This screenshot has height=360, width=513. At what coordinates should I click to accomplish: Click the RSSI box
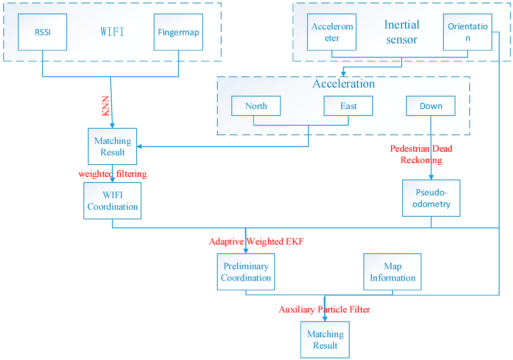point(42,32)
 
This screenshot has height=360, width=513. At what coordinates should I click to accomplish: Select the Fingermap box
point(178,32)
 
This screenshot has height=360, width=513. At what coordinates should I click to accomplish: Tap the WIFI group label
point(112,32)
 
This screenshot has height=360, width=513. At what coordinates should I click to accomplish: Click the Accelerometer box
point(332,32)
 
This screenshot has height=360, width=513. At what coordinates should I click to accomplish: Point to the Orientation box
point(467,32)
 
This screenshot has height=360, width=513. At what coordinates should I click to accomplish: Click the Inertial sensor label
point(401,32)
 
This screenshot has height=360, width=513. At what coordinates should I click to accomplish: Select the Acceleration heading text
point(344,84)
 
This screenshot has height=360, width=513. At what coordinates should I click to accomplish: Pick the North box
point(256,106)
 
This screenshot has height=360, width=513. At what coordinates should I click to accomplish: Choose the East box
point(348,106)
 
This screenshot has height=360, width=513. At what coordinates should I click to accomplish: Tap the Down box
point(431,106)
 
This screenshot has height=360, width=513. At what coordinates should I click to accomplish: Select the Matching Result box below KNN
point(112,146)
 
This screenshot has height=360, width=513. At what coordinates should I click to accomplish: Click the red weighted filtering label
point(112,174)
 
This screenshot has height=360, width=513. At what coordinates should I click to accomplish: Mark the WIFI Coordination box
point(112,201)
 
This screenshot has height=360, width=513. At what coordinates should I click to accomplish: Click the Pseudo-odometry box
point(431,198)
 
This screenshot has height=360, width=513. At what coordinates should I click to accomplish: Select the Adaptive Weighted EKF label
point(256,242)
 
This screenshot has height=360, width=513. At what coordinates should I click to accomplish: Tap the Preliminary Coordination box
point(246,272)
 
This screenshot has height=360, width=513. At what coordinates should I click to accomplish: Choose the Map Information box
point(392,272)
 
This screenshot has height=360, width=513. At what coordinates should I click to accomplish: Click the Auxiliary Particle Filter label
point(324,309)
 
